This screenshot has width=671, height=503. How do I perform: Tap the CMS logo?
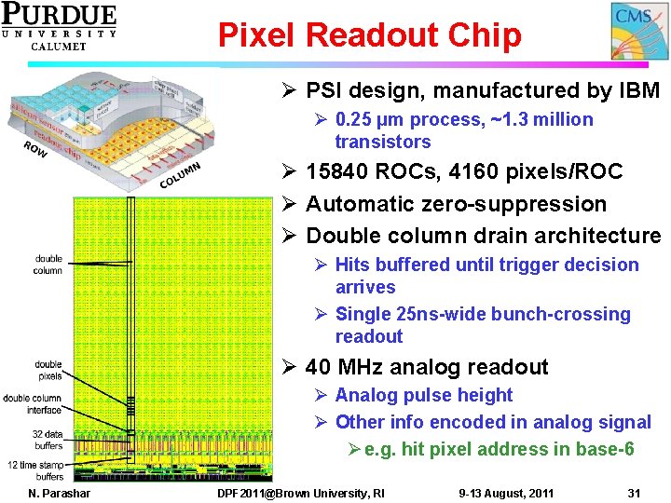pyautogui.click(x=639, y=31)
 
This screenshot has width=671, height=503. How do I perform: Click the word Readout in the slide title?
pyautogui.click(x=368, y=35)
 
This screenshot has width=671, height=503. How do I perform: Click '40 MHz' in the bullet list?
pyautogui.click(x=347, y=367)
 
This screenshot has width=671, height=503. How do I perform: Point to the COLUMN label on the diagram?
pyautogui.click(x=178, y=174)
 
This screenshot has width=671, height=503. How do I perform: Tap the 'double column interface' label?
pyautogui.click(x=33, y=403)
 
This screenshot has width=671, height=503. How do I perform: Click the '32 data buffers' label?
pyautogui.click(x=48, y=440)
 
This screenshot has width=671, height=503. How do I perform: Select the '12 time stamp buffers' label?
pyautogui.click(x=37, y=470)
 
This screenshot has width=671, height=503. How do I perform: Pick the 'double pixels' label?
pyautogui.click(x=48, y=370)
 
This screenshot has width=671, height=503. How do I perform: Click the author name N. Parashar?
pyautogui.click(x=60, y=492)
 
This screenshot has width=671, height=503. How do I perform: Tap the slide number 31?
pyautogui.click(x=634, y=492)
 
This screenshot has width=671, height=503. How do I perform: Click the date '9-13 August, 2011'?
pyautogui.click(x=506, y=492)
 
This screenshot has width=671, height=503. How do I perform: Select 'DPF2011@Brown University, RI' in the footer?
pyautogui.click(x=300, y=492)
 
